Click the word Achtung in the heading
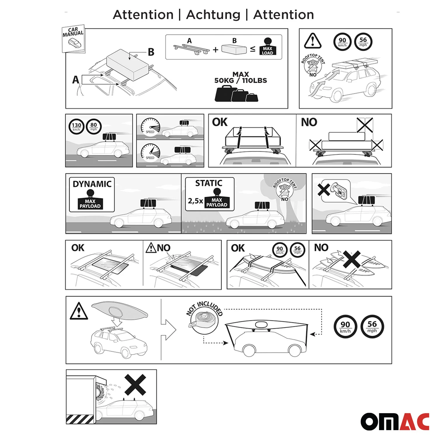click(x=213, y=15)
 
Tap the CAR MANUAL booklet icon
click(x=73, y=39)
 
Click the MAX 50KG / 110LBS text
click(x=241, y=78)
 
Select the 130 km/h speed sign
click(x=77, y=127)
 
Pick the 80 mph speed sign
click(x=93, y=126)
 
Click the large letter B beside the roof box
click(x=151, y=52)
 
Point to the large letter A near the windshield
click(x=76, y=80)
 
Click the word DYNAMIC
click(x=92, y=184)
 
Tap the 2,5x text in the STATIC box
click(x=195, y=201)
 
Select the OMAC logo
click(x=395, y=421)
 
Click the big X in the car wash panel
click(x=135, y=385)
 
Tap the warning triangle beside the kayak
click(x=79, y=311)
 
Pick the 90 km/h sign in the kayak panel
click(x=345, y=326)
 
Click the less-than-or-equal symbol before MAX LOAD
click(x=253, y=49)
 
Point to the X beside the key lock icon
click(x=324, y=190)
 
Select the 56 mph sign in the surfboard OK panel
click(x=297, y=250)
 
